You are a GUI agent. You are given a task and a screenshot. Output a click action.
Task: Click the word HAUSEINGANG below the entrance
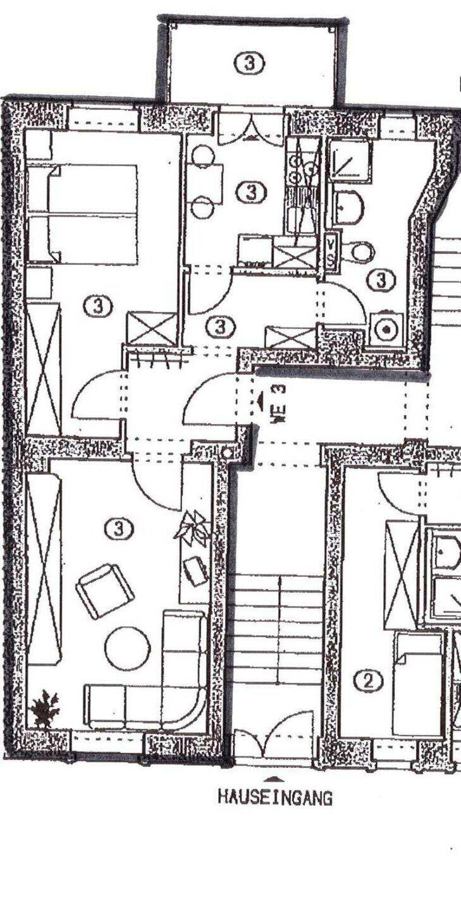tap(275, 798)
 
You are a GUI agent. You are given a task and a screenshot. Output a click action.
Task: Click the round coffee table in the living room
tap(128, 648)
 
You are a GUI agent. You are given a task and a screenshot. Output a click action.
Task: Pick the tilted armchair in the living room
tap(105, 590)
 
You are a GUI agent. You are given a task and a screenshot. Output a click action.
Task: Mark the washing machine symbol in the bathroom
tap(384, 327)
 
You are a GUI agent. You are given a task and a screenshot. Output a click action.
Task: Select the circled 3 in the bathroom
tap(381, 279)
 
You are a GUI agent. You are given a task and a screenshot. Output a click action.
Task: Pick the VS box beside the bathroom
tap(330, 252)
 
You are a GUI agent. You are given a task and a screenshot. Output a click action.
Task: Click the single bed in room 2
tap(418, 686)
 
